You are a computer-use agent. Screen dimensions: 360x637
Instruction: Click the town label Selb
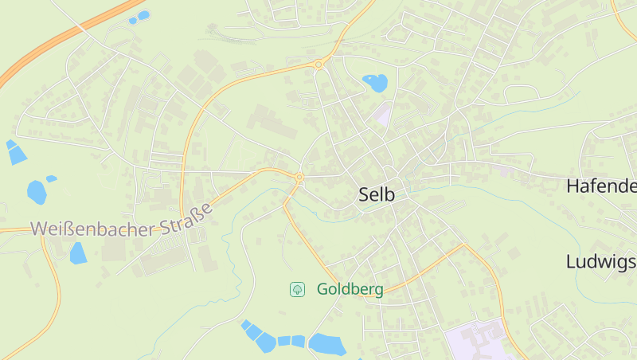[377, 194]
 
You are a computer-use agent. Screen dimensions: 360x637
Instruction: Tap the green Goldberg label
[350, 289]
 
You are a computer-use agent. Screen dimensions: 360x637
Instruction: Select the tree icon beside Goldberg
[297, 289]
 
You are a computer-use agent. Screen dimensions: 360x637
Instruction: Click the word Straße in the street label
[188, 218]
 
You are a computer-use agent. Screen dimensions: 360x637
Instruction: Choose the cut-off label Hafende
[601, 187]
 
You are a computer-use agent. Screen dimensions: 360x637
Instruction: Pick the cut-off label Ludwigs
[601, 261]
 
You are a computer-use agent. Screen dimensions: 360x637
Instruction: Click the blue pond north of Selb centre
[374, 81]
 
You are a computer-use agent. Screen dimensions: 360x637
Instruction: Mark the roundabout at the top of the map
[318, 65]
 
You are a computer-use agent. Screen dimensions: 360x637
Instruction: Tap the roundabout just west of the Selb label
[299, 177]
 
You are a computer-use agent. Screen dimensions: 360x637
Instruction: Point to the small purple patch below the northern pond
[384, 115]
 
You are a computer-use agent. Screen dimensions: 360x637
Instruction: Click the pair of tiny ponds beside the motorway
[139, 17]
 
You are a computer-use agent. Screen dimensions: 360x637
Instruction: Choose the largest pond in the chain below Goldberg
[326, 344]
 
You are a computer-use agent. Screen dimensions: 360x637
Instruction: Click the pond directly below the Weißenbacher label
[77, 253]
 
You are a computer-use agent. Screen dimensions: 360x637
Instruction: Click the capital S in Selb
[365, 194]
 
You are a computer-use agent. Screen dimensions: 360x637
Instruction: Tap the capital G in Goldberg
[323, 289]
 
